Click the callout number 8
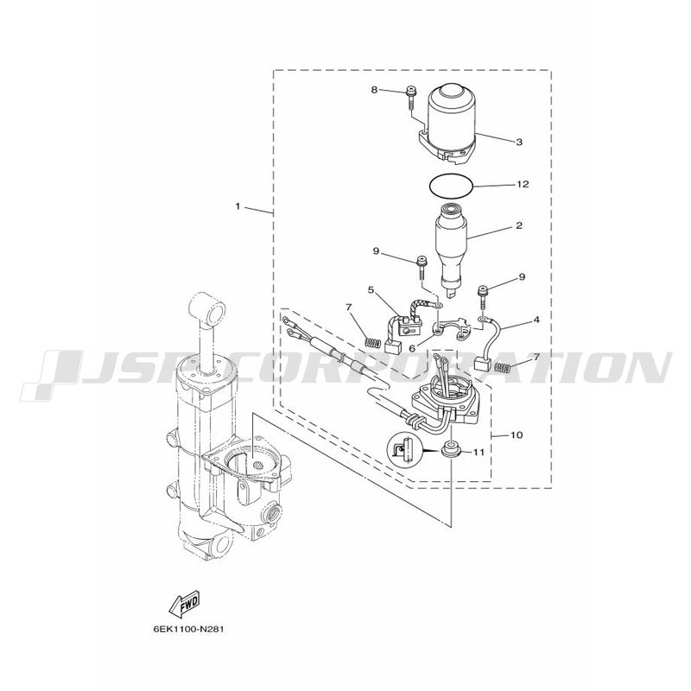pos(374,90)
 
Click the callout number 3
pos(519,142)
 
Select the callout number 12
pos(523,184)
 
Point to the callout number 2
pos(519,225)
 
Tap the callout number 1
pos(238,206)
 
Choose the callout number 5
pos(371,290)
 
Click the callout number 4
pos(536,320)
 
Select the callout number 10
pos(517,435)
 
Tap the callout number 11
pos(479,453)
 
